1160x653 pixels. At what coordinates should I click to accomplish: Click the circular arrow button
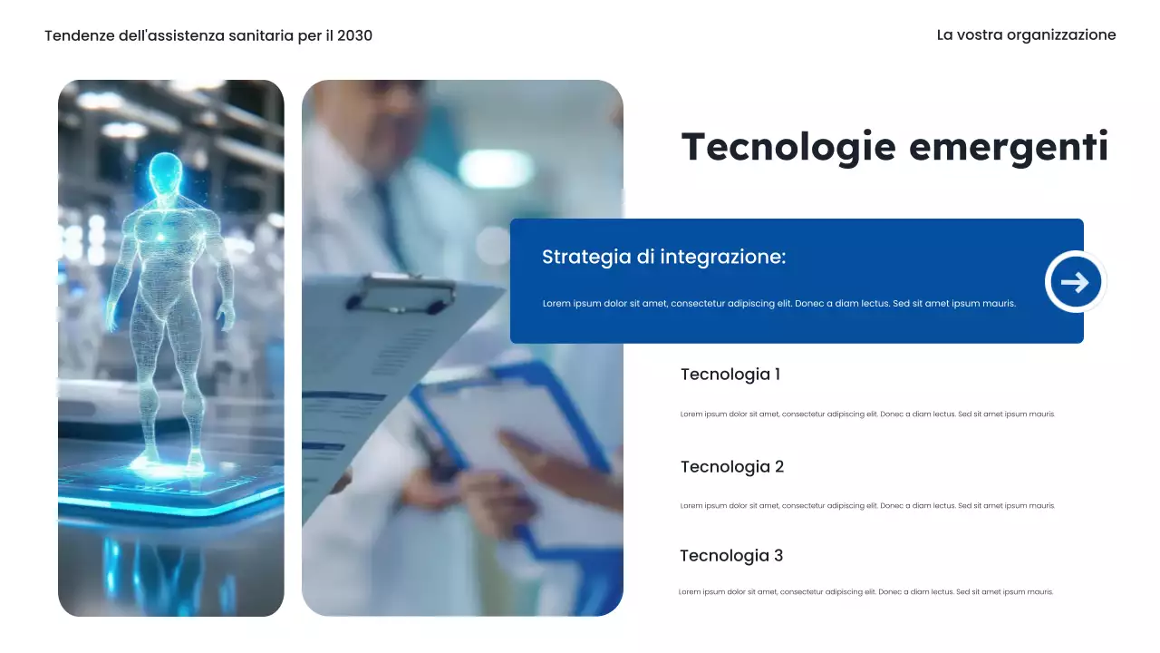click(1075, 282)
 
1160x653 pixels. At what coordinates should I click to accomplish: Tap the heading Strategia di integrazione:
click(663, 257)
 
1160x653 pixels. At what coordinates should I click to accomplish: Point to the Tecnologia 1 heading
click(730, 375)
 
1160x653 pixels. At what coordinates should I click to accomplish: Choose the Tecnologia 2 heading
click(731, 467)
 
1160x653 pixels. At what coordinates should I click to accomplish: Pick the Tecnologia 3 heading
click(730, 556)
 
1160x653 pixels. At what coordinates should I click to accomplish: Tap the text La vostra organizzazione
click(1026, 35)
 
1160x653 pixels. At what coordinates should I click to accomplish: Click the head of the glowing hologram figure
click(164, 172)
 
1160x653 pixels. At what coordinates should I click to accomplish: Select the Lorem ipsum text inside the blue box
click(778, 304)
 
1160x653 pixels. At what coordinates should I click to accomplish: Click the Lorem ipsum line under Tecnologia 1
click(867, 414)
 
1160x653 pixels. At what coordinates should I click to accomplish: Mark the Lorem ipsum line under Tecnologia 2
click(867, 506)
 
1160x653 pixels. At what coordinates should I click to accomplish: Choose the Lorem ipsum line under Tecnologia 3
click(865, 592)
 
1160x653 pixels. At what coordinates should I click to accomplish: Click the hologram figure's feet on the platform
click(169, 463)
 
